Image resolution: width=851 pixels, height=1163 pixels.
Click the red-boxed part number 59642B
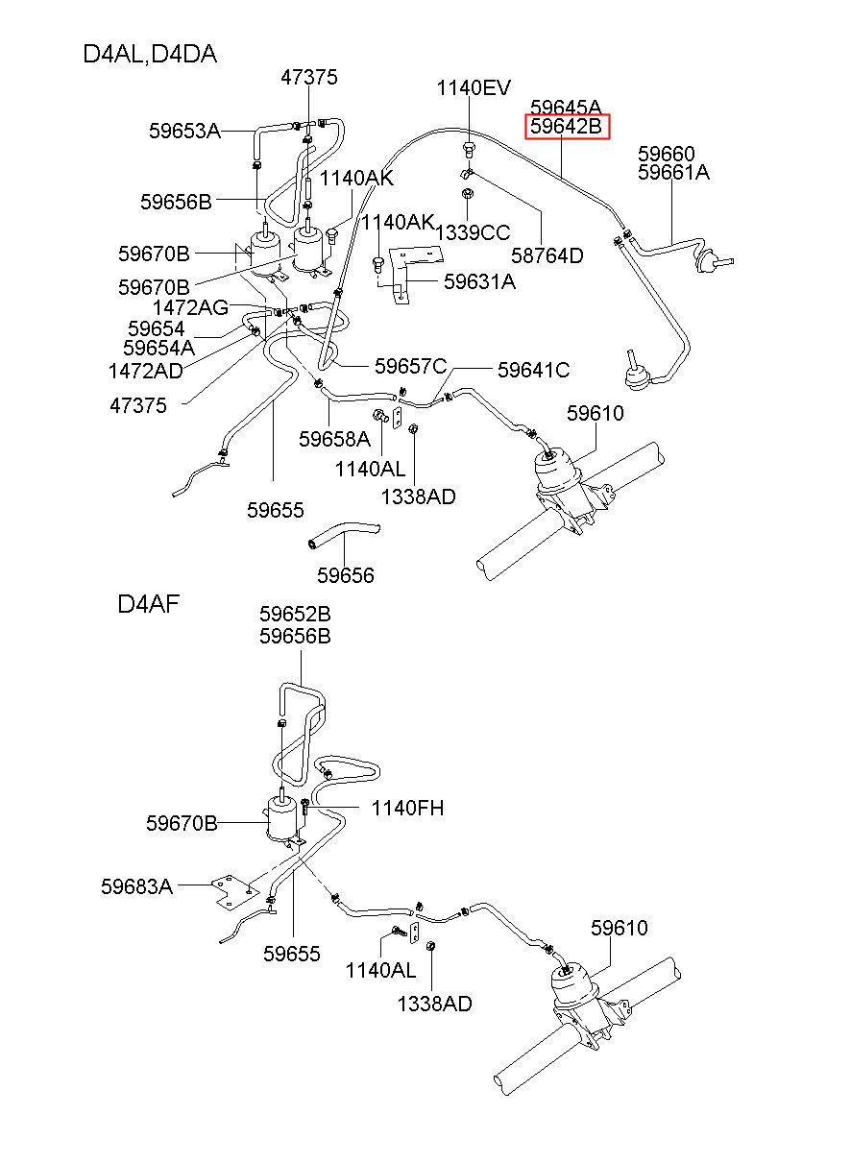tap(566, 127)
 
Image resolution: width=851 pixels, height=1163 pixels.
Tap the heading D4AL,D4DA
tap(150, 55)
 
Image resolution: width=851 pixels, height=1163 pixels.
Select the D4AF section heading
tap(149, 604)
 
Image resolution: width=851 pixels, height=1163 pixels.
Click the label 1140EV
tap(474, 88)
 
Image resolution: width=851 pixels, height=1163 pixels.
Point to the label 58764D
tap(547, 255)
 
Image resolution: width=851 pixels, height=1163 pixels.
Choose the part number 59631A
tap(479, 281)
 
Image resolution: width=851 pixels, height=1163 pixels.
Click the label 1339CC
tap(473, 232)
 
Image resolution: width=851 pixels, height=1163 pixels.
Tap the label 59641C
tap(533, 370)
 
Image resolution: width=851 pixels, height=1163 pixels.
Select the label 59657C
tap(411, 366)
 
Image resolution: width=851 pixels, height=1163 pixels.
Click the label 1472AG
tap(190, 308)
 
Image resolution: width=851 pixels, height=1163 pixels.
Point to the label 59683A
tap(136, 886)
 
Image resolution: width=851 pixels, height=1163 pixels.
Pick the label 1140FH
tap(407, 808)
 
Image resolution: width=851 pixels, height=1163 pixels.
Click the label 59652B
tap(295, 614)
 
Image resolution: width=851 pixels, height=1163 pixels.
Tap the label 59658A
tap(334, 439)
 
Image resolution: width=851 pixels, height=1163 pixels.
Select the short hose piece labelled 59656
tap(344, 534)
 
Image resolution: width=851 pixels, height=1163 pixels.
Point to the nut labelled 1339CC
tap(467, 193)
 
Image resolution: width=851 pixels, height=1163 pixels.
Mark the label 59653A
tap(184, 131)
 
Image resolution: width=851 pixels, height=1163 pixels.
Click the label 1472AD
tap(145, 371)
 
